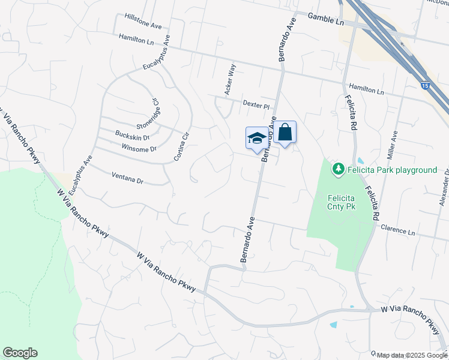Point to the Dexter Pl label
click(x=255, y=104)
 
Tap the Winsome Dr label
click(x=139, y=148)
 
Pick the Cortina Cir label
click(x=182, y=146)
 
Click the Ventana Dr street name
click(x=128, y=179)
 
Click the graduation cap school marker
click(x=257, y=138)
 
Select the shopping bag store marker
click(x=286, y=132)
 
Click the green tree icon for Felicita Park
click(x=339, y=170)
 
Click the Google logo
click(x=20, y=353)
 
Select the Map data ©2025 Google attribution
click(x=412, y=355)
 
